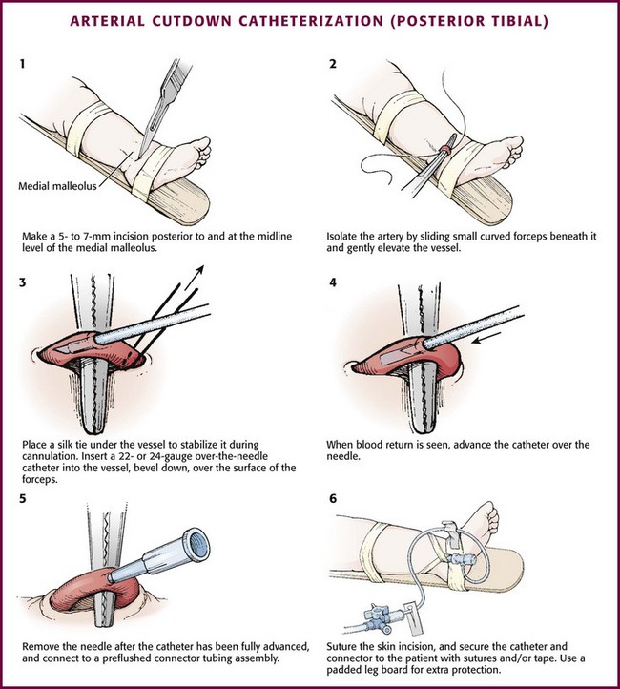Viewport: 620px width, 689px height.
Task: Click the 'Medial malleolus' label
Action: coord(57,186)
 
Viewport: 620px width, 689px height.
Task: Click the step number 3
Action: coord(22,282)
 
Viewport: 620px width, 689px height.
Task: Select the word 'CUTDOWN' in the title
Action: coord(192,21)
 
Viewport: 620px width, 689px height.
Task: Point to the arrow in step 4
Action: coord(486,339)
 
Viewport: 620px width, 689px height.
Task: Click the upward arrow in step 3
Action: coord(195,278)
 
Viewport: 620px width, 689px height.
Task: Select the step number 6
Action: coord(333,499)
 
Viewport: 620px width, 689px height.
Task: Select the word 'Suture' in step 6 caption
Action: coord(341,647)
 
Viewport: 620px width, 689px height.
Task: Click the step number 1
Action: coord(22,64)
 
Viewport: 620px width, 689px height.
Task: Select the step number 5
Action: coord(22,499)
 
